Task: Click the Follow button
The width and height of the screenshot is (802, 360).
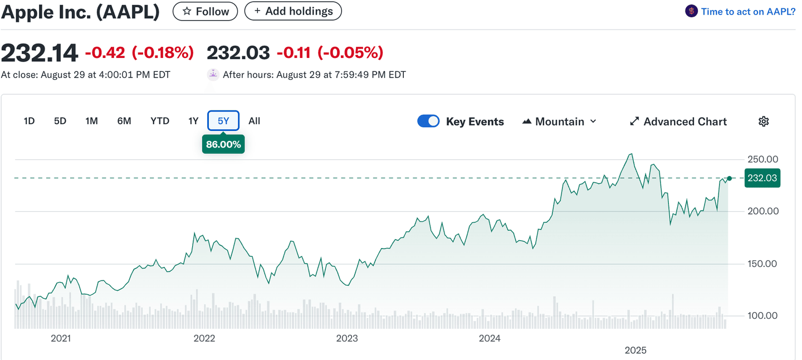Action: point(205,11)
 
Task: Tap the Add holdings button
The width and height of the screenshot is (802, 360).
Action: point(293,11)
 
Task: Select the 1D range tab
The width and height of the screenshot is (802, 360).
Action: point(30,121)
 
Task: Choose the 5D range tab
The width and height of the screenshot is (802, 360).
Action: point(60,121)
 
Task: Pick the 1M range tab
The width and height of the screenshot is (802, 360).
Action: point(91,121)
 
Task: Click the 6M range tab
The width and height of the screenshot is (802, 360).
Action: point(124,121)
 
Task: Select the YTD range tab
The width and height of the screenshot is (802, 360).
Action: point(160,121)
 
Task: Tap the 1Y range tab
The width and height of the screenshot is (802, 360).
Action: point(193,121)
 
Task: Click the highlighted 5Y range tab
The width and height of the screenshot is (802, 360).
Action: point(223,121)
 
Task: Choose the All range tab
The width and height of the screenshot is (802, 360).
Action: point(255,121)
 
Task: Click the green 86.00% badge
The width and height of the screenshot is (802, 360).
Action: point(223,144)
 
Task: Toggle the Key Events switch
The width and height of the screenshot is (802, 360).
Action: point(428,121)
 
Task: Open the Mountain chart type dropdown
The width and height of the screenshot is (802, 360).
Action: point(559,121)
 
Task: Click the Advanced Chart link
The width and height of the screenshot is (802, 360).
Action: point(678,121)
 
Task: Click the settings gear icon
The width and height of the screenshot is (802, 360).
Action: point(764,121)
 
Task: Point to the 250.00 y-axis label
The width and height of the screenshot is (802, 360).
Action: point(762,159)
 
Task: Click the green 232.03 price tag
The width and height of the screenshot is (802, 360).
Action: point(762,178)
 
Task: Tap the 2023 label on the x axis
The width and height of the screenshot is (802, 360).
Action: point(347,338)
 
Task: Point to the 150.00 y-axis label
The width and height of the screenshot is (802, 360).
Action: point(762,264)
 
